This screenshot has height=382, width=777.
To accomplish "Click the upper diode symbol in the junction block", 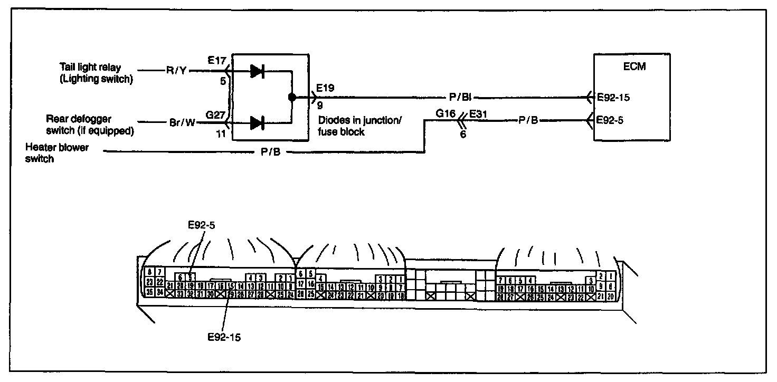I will [257, 71].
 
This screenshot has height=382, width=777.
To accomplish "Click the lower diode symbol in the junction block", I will [257, 123].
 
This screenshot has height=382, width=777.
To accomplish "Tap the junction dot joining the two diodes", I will [291, 98].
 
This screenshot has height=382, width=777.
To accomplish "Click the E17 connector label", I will [217, 61].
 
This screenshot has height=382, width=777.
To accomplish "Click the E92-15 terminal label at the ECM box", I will [614, 98].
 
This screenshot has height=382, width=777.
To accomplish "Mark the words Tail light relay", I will [90, 68].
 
